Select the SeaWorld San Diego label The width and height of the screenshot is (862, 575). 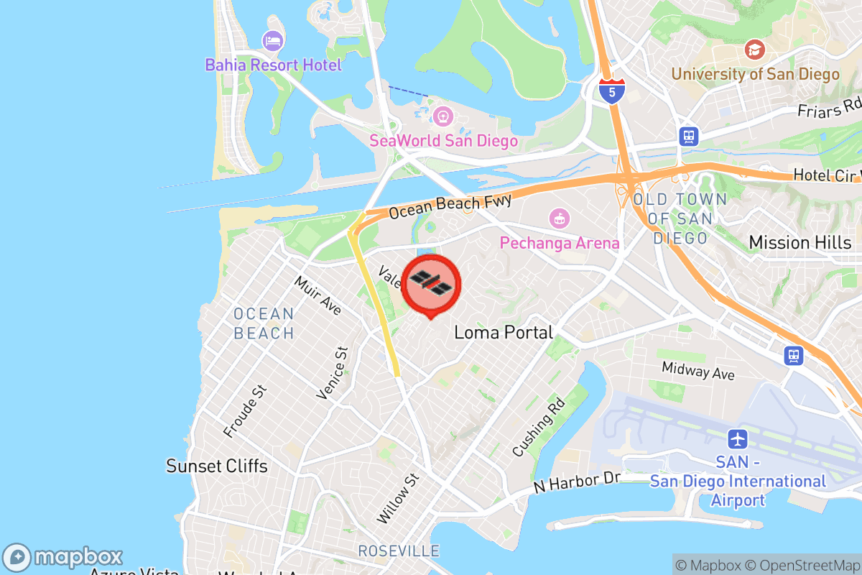coord(443,140)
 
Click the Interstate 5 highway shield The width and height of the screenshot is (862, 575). coord(611,91)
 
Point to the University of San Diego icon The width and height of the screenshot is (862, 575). coord(754,50)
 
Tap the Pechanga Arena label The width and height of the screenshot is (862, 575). coord(560,243)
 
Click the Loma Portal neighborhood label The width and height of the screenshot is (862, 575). coord(504,332)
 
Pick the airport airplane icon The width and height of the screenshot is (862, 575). coord(738,438)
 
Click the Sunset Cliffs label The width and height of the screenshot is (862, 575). coord(217,466)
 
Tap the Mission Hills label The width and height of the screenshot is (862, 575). coord(800,242)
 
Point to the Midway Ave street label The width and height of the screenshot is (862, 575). coord(698,371)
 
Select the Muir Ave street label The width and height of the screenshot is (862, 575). coord(318,295)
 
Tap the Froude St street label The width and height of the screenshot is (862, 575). coord(245,411)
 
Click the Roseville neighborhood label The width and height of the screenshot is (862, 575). coord(399,551)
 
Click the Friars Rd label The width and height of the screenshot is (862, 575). coord(829,109)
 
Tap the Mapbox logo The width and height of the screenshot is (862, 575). coord(63,557)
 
